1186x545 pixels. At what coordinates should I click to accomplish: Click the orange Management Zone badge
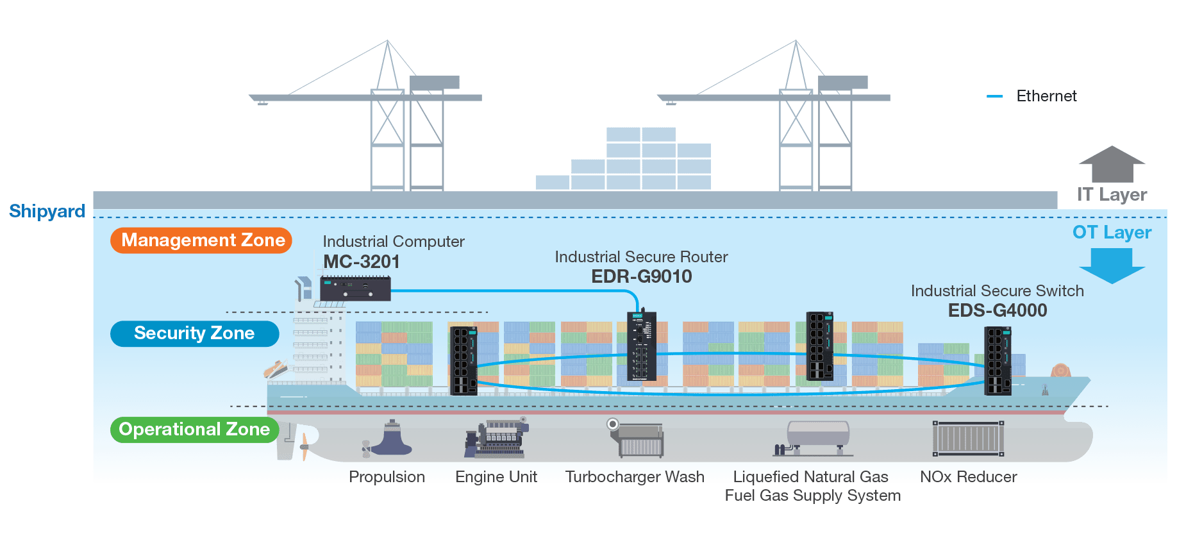[x=201, y=240]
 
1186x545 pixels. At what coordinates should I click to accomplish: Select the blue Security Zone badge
[x=194, y=333]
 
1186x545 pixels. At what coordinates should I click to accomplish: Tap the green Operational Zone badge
[x=194, y=430]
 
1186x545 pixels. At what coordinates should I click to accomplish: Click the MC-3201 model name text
[x=362, y=262]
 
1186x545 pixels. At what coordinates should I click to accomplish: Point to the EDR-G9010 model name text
[x=642, y=276]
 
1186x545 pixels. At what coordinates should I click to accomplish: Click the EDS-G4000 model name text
[x=998, y=310]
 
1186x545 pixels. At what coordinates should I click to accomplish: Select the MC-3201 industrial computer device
[x=355, y=289]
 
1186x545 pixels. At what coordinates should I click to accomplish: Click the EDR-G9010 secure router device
[x=642, y=346]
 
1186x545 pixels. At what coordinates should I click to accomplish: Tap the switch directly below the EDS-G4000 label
[x=998, y=360]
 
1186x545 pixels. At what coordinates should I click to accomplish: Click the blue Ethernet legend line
[x=994, y=96]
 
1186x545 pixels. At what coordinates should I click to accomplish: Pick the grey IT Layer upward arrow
[x=1112, y=164]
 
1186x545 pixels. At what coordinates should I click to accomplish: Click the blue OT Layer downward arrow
[x=1112, y=265]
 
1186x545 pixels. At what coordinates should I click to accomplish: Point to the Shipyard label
[x=47, y=211]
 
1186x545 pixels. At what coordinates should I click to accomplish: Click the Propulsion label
[x=387, y=477]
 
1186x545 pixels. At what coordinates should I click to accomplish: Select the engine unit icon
[x=496, y=439]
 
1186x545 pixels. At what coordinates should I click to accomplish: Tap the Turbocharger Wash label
[x=635, y=477]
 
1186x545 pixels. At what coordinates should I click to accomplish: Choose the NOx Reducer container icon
[x=968, y=439]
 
